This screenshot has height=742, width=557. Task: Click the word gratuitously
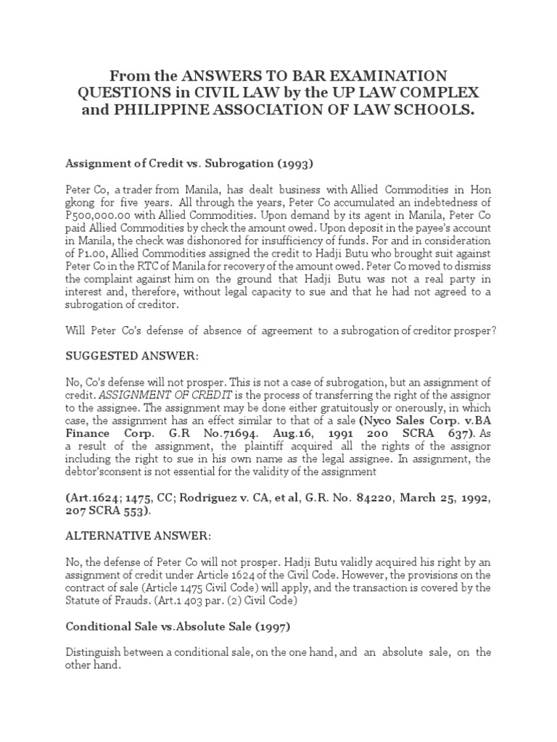[x=289, y=408]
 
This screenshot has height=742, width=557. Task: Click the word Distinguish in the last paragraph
[x=93, y=652]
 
